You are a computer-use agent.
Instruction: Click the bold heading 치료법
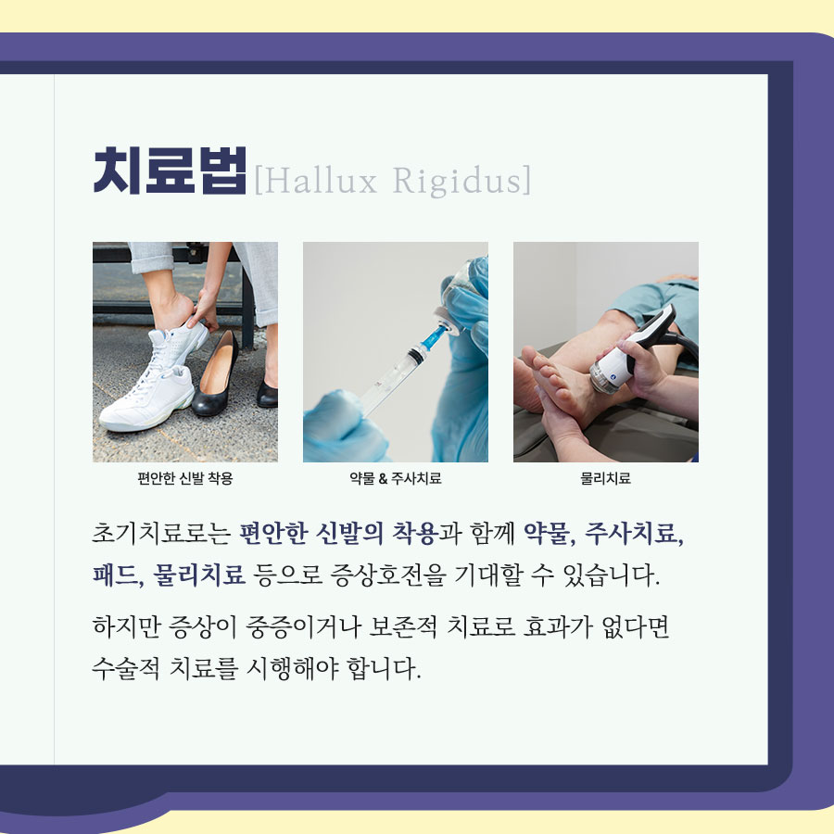(x=170, y=171)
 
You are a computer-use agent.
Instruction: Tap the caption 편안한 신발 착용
(x=185, y=478)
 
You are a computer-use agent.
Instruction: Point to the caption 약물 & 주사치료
(x=395, y=478)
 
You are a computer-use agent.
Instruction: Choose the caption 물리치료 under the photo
(x=605, y=478)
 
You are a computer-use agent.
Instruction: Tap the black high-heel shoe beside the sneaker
(x=215, y=373)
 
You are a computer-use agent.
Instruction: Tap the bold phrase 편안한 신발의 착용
(x=339, y=534)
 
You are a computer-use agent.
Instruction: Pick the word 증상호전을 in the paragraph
(x=387, y=575)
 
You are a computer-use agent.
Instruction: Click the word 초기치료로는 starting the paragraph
(x=161, y=534)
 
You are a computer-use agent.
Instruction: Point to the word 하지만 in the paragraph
(x=126, y=626)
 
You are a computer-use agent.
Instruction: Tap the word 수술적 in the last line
(x=126, y=668)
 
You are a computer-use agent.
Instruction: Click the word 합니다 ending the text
(x=384, y=668)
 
